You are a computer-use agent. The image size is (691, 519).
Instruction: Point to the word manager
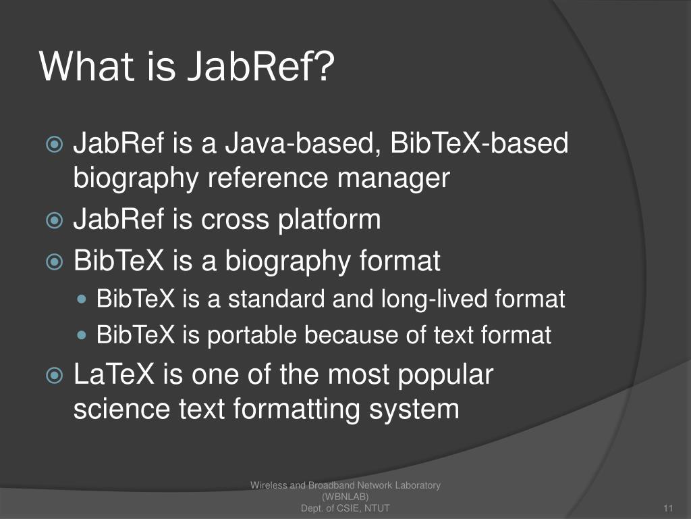394,178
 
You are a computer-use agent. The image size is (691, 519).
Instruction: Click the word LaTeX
114,375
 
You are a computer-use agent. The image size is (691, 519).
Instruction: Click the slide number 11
669,508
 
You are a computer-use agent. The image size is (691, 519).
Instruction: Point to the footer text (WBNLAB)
345,497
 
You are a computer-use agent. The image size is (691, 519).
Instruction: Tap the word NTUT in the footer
375,508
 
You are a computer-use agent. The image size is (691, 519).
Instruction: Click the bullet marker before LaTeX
54,376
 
